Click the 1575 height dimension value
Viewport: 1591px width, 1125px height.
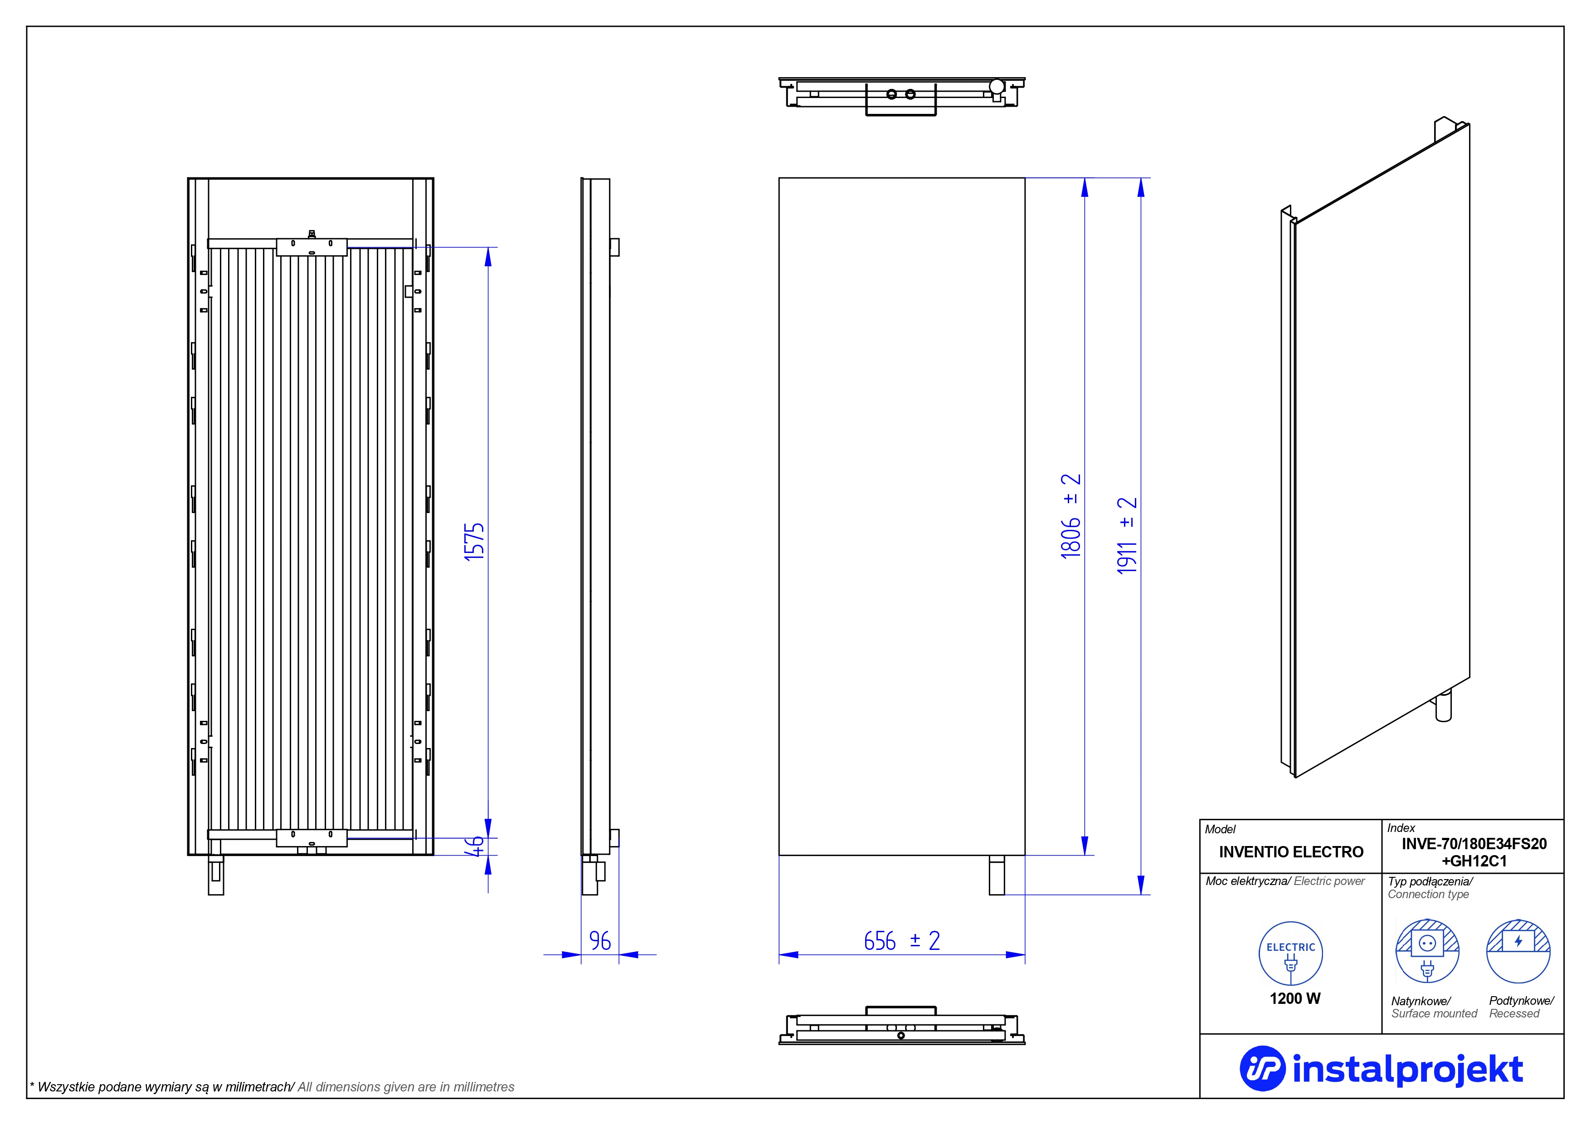click(x=474, y=542)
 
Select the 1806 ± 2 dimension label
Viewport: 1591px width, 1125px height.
click(x=1070, y=516)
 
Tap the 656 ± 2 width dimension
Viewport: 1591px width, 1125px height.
click(x=901, y=941)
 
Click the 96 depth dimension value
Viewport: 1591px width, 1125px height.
click(x=600, y=941)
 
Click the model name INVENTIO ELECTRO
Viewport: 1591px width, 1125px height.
click(x=1291, y=852)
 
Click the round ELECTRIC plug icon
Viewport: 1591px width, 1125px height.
click(x=1290, y=954)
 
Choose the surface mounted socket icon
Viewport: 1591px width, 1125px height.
click(x=1427, y=951)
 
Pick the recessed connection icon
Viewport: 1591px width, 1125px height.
click(x=1518, y=951)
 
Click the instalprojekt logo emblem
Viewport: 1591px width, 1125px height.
click(x=1262, y=1068)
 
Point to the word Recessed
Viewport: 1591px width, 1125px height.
click(x=1514, y=1013)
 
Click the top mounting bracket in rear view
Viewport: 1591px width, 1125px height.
click(x=312, y=247)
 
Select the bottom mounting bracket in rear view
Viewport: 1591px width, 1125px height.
click(x=312, y=838)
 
